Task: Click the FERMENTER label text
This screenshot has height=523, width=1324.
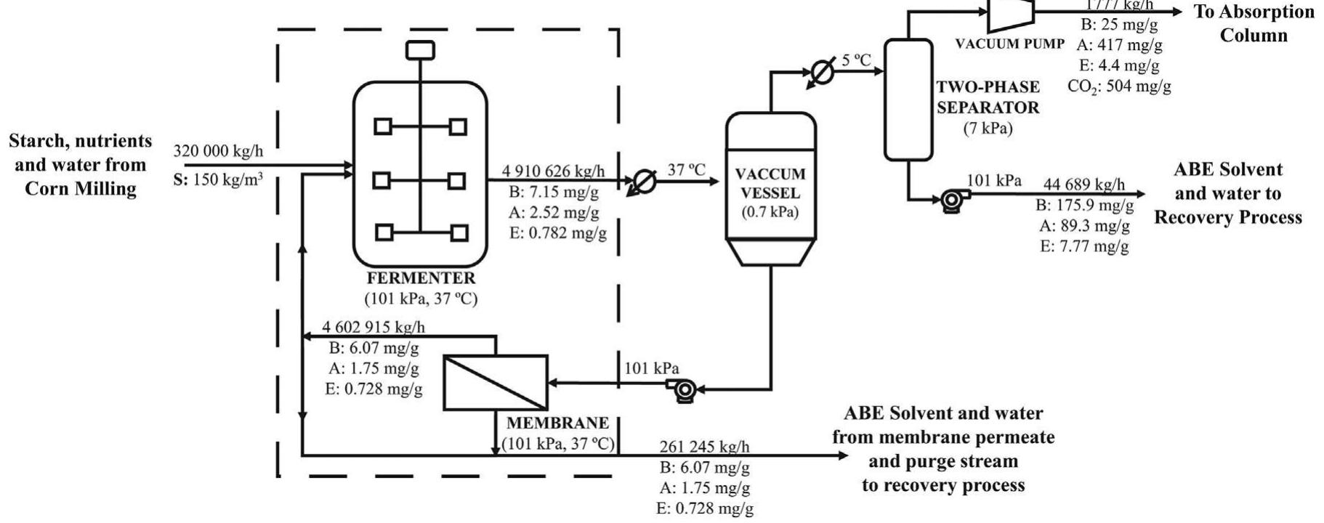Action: pyautogui.click(x=421, y=278)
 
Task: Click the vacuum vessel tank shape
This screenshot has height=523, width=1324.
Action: pyautogui.click(x=771, y=189)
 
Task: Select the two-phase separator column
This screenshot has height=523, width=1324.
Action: pyautogui.click(x=908, y=100)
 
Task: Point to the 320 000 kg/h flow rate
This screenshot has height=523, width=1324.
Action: pyautogui.click(x=218, y=152)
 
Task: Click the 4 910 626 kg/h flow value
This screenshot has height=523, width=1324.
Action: pyautogui.click(x=553, y=171)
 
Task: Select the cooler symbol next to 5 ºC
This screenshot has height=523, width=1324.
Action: pyautogui.click(x=822, y=73)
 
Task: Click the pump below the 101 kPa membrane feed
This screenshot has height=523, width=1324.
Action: pyautogui.click(x=684, y=390)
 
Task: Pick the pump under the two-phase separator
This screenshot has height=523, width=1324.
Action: pyautogui.click(x=950, y=200)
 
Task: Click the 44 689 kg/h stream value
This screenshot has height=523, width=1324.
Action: pyautogui.click(x=1083, y=185)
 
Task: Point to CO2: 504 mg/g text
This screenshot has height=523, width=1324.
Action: pyautogui.click(x=1119, y=86)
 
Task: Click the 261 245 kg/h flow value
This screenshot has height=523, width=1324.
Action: pyautogui.click(x=704, y=447)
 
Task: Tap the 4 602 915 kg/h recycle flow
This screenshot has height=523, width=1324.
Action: pyautogui.click(x=374, y=327)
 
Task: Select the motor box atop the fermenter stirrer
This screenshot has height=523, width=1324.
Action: pyautogui.click(x=420, y=49)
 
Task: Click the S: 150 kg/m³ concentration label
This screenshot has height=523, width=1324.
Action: pyautogui.click(x=218, y=179)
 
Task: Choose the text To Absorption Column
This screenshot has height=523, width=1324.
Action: pyautogui.click(x=1253, y=23)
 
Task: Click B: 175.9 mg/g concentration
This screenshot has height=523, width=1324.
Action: pyautogui.click(x=1084, y=206)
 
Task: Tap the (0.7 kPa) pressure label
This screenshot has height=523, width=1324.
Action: pyautogui.click(x=770, y=213)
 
